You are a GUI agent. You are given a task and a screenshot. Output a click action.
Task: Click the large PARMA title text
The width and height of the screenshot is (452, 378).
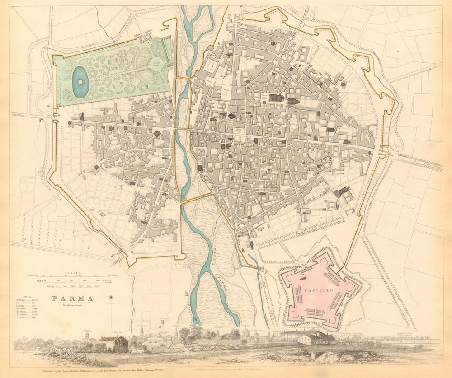click(x=72, y=299)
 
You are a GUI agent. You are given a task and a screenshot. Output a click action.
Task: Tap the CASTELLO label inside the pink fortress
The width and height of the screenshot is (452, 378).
click(x=319, y=286)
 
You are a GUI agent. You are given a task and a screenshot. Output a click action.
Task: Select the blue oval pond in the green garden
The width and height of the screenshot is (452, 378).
click(x=80, y=82)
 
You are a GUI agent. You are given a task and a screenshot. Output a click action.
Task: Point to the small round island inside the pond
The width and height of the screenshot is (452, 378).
click(x=80, y=82)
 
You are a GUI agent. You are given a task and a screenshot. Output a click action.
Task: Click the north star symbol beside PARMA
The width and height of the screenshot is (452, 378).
click(x=111, y=298)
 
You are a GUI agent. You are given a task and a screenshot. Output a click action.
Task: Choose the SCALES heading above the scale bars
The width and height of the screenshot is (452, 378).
click(x=72, y=273)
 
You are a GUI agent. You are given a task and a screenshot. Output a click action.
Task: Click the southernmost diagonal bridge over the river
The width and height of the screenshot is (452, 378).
click(x=197, y=198)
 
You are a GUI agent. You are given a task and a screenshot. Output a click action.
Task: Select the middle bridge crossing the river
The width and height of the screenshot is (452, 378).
click(x=182, y=129)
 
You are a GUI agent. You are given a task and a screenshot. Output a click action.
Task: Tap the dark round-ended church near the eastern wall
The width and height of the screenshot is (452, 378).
click(x=343, y=192)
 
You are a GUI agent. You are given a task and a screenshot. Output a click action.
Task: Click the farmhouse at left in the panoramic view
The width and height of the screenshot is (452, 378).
click(x=115, y=344)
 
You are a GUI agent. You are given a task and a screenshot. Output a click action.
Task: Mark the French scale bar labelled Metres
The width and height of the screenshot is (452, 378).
click(x=72, y=275)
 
